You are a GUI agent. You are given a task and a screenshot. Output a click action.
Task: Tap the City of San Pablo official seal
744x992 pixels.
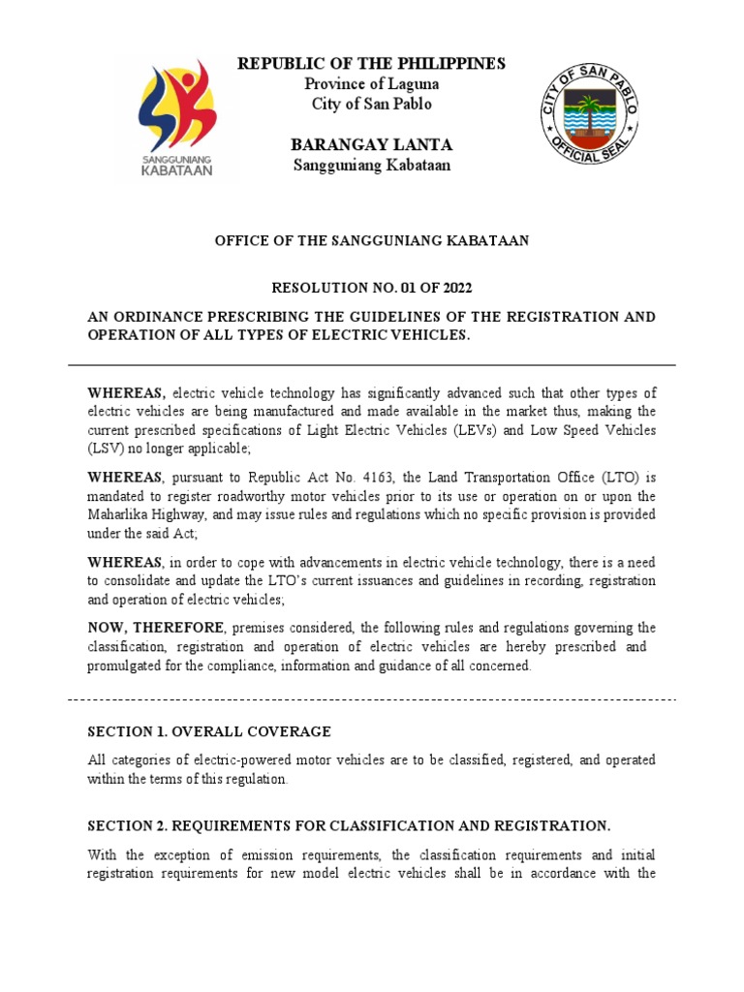tap(589, 116)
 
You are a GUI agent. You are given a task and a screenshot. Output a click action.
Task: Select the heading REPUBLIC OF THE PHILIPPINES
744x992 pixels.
tap(372, 64)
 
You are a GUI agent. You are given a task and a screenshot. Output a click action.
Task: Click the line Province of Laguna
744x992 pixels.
tap(372, 84)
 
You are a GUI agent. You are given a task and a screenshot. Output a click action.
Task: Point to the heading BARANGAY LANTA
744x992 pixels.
tap(372, 145)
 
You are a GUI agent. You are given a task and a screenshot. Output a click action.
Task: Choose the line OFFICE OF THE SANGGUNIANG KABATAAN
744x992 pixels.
tap(372, 240)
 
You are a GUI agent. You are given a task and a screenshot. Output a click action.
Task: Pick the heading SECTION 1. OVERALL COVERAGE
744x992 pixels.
tap(209, 731)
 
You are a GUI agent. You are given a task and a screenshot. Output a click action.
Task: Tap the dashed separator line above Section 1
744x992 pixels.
tap(372, 698)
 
